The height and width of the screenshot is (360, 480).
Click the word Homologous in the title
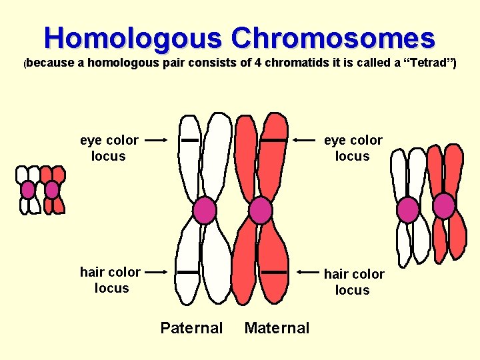[133, 38]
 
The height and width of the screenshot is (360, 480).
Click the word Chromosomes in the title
[333, 38]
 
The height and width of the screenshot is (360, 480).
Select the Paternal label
[191, 328]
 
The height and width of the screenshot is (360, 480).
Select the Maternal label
[277, 328]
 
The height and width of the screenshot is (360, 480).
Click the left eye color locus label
[109, 148]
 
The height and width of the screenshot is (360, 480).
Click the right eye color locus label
[353, 148]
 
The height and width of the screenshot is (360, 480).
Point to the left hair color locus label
[110, 280]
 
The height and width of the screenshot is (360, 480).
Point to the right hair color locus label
[353, 282]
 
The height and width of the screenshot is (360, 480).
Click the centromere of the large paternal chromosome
[205, 211]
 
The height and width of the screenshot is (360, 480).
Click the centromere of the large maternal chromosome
[260, 211]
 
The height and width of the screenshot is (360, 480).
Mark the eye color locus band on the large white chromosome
[191, 141]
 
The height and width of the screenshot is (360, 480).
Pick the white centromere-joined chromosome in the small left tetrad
[28, 190]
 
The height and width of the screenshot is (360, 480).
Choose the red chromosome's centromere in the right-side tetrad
[444, 206]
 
